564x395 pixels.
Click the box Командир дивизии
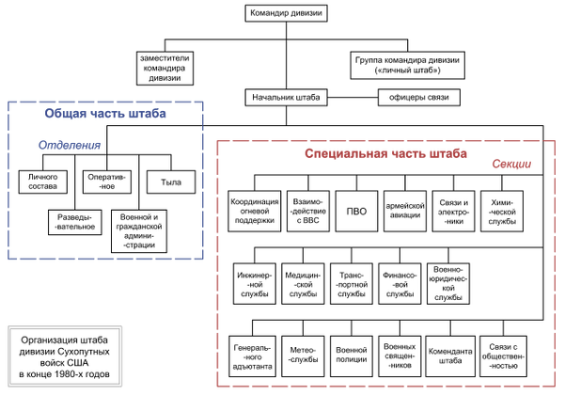click(286, 13)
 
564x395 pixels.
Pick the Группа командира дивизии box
click(407, 63)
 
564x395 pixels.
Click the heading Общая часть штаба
click(104, 114)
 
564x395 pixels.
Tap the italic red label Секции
click(511, 165)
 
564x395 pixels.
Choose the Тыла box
click(170, 181)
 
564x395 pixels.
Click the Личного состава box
click(43, 181)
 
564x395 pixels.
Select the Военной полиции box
click(351, 355)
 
